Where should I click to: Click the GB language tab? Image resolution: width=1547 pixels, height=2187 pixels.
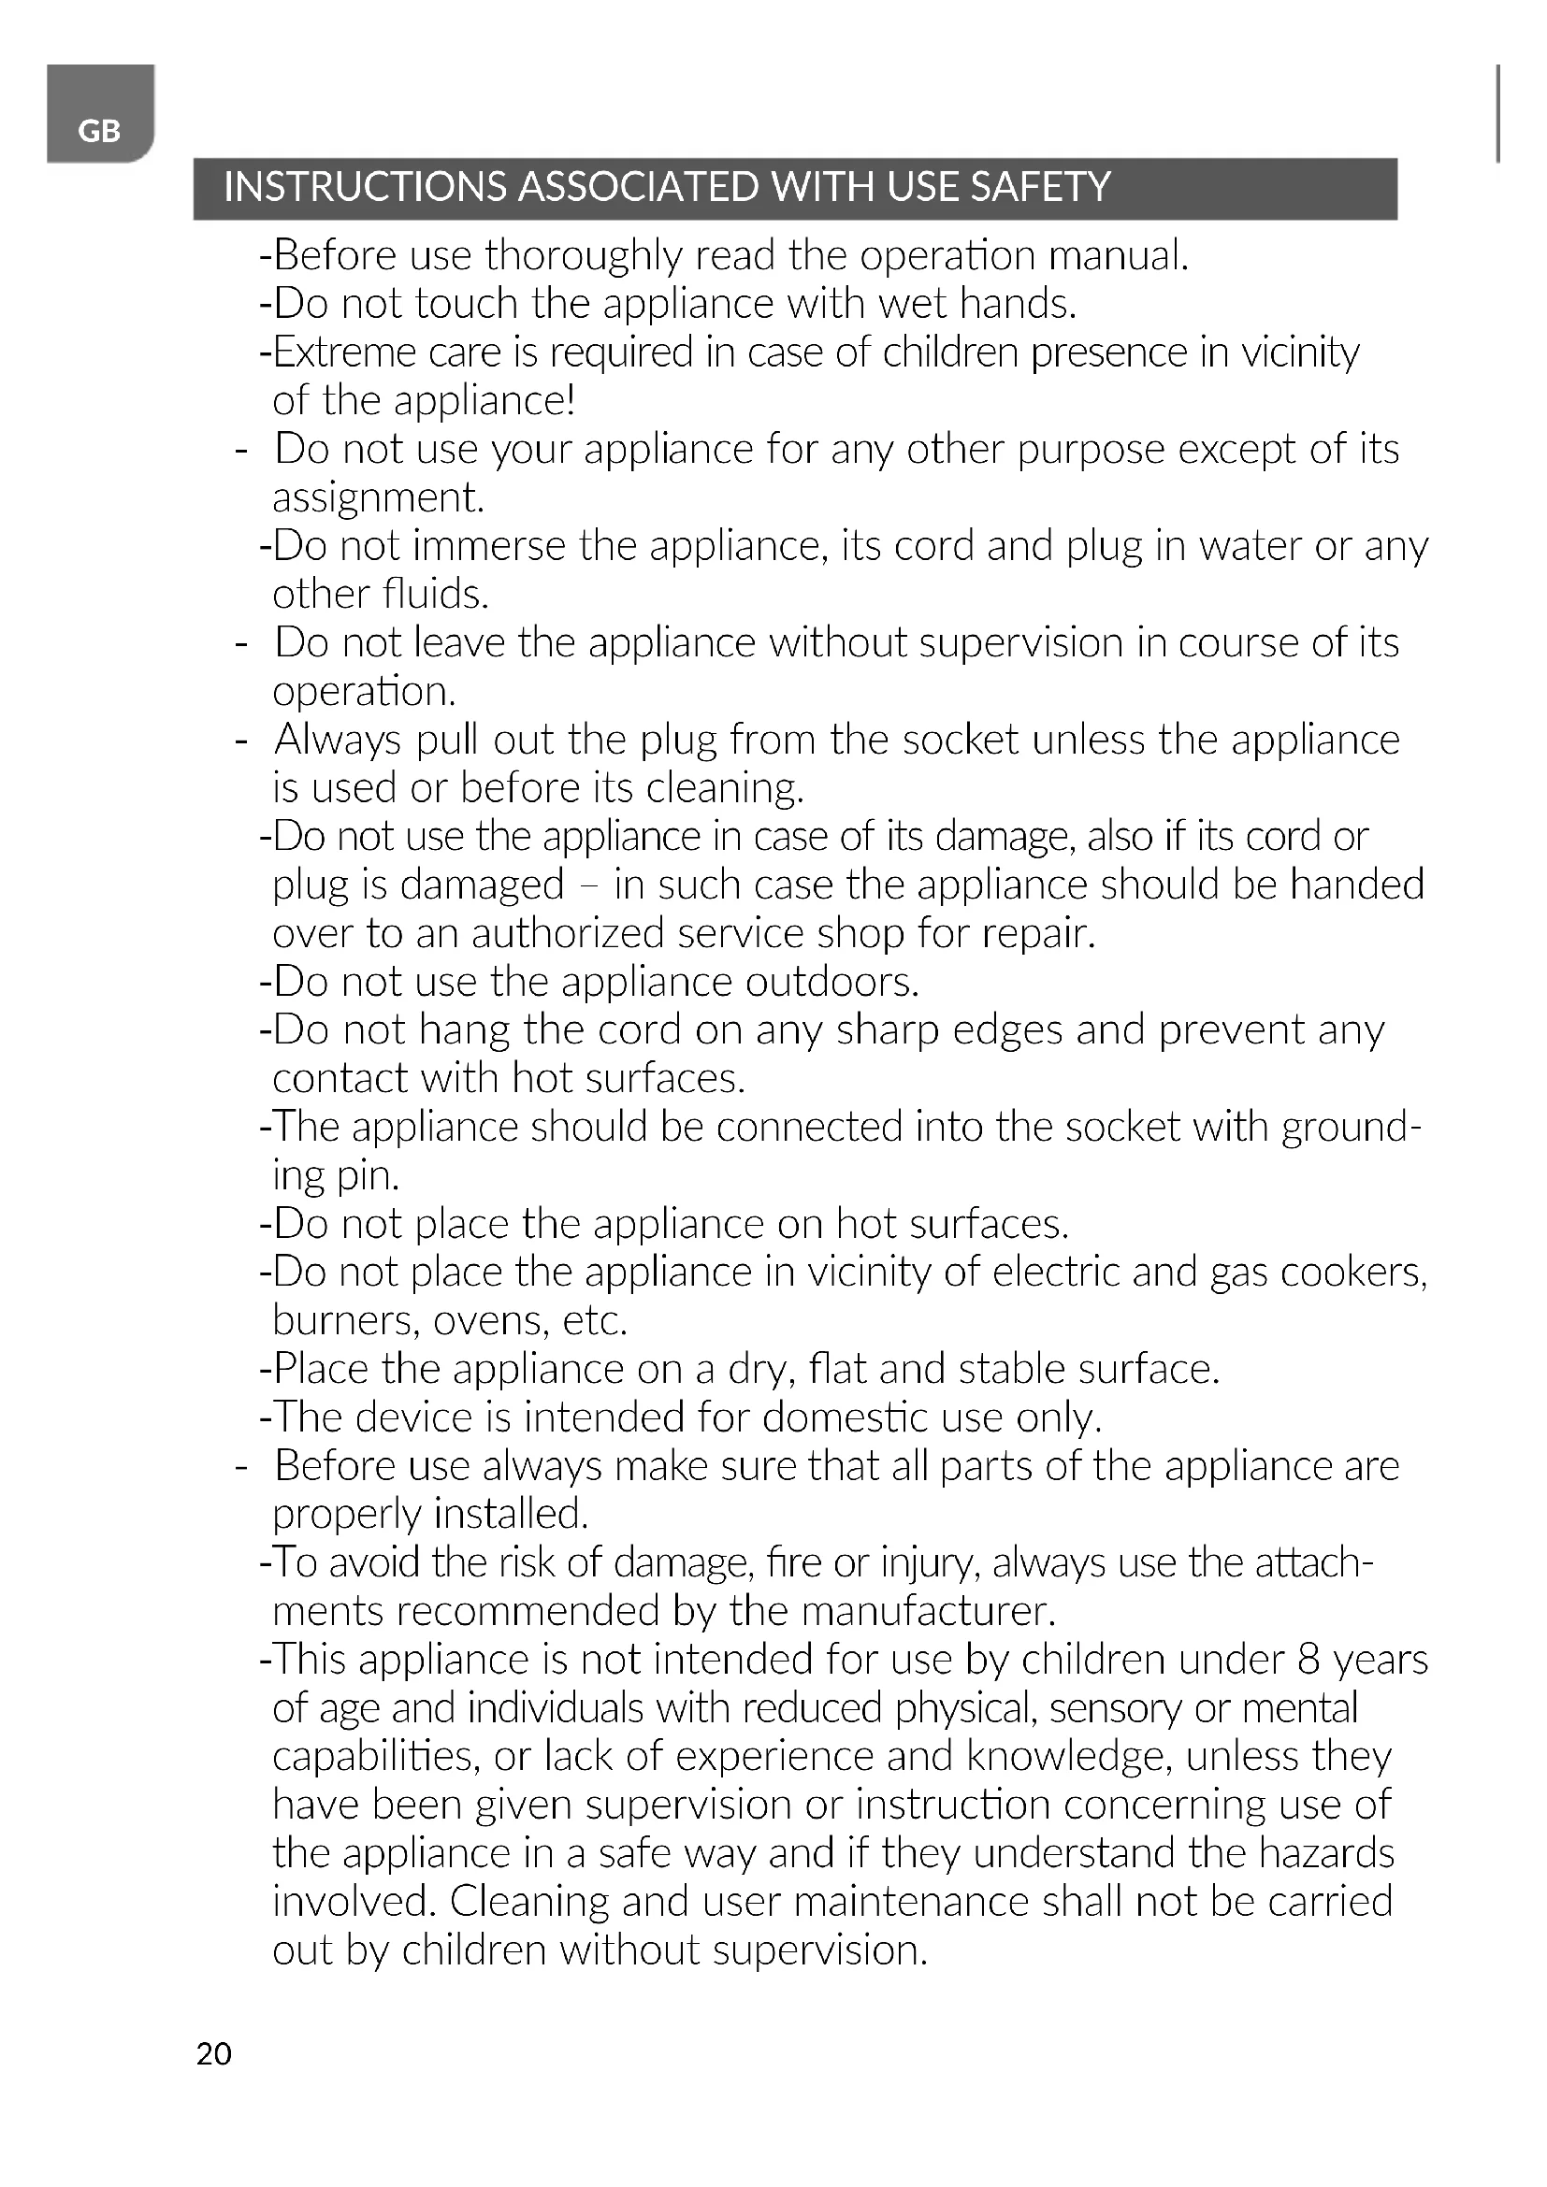99,131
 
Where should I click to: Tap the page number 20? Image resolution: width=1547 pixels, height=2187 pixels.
213,2053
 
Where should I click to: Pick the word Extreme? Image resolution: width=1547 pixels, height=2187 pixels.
344,353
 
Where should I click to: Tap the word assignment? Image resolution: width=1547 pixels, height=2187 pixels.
377,498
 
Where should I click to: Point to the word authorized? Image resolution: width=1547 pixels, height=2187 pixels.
568,933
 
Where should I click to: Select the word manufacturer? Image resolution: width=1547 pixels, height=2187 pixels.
929,1612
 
